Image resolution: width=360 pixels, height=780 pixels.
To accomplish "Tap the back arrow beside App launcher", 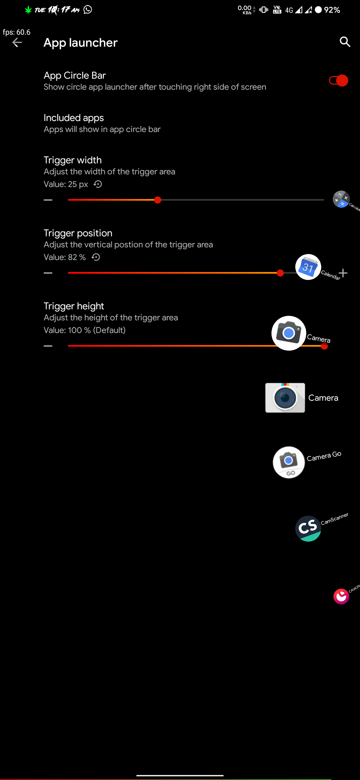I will coord(17,43).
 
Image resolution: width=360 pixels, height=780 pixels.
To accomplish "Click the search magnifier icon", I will coord(345,42).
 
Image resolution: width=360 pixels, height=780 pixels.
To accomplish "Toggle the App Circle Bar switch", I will coord(338,81).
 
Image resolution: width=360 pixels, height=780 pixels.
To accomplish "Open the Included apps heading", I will coord(74,118).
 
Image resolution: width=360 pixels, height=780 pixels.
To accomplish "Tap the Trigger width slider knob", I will coord(158,200).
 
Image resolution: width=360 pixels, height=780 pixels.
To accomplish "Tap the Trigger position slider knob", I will coord(280,273).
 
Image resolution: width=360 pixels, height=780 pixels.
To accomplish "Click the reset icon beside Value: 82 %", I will coord(96,257).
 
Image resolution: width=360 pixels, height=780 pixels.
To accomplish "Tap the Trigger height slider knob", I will coord(324,346).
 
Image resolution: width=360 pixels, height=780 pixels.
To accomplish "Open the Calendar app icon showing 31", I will coord(308,267).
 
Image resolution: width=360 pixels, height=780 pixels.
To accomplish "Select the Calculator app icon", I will coord(341,199).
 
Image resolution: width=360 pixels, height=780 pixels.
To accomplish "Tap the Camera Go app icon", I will coord(289,462).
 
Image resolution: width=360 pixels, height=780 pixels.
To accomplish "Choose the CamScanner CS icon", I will coord(308,529).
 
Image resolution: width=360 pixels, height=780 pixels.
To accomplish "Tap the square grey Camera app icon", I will coord(285,398).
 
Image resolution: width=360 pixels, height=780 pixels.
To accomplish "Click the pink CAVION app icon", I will coord(341,596).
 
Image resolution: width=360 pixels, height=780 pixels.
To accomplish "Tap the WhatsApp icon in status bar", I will coord(88,10).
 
